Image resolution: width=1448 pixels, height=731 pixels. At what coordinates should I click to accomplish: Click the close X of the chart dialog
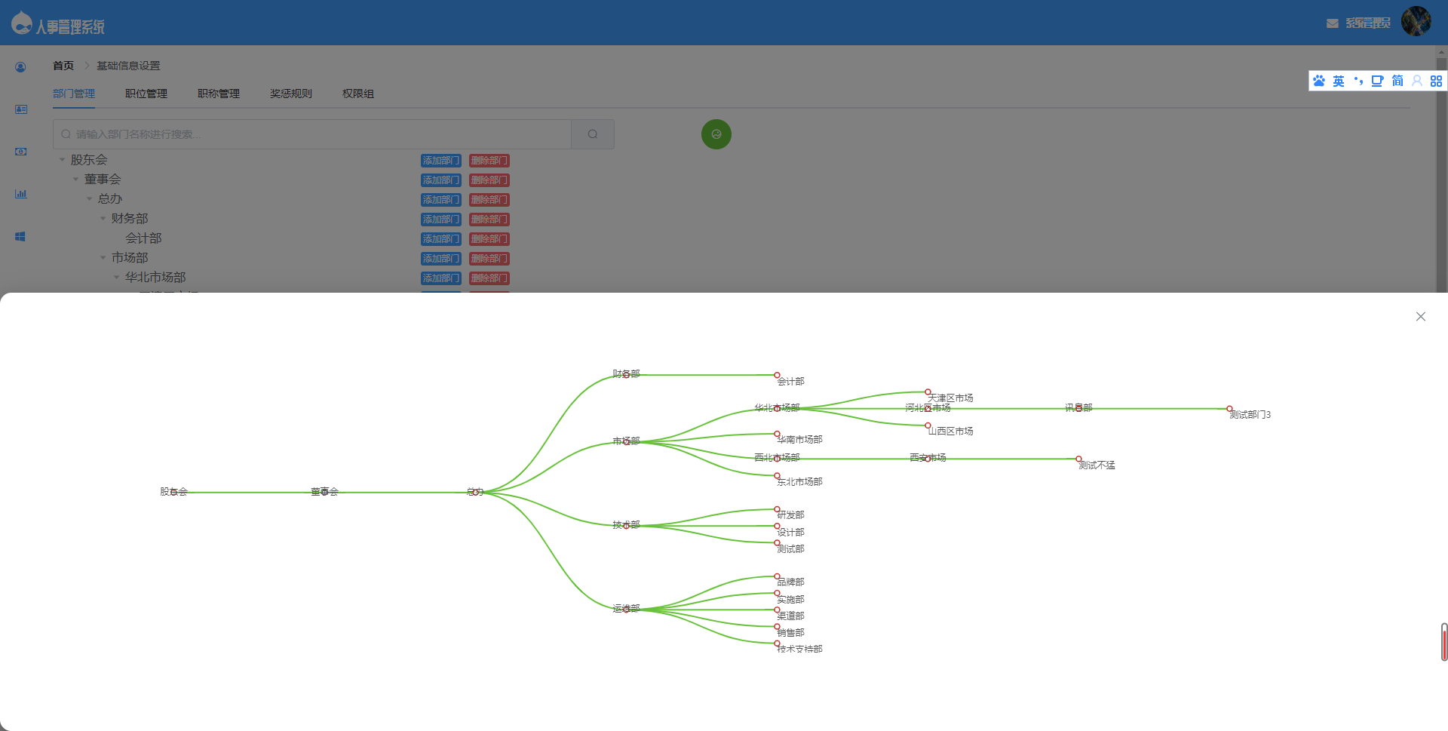pyautogui.click(x=1421, y=317)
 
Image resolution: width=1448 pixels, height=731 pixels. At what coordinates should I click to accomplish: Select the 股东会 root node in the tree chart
pyautogui.click(x=173, y=492)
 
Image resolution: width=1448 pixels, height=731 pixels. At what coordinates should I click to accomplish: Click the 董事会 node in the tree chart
pyautogui.click(x=324, y=492)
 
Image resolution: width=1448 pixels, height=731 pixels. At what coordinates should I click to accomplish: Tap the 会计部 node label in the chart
pyautogui.click(x=790, y=382)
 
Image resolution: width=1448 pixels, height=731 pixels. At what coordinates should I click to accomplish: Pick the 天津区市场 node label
pyautogui.click(x=950, y=398)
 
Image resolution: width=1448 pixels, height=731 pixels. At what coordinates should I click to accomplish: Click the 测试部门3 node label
pyautogui.click(x=1250, y=415)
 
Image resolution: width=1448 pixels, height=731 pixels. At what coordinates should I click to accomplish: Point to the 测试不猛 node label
pyautogui.click(x=1097, y=465)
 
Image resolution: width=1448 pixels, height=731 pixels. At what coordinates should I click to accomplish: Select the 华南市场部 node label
pyautogui.click(x=799, y=440)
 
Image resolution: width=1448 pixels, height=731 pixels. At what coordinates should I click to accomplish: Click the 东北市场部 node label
pyautogui.click(x=799, y=482)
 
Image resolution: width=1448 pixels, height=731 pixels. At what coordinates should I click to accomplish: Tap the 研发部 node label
pyautogui.click(x=790, y=515)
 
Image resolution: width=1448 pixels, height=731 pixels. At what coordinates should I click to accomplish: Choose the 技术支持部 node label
pyautogui.click(x=799, y=650)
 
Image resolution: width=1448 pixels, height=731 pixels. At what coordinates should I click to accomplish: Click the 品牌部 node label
pyautogui.click(x=790, y=582)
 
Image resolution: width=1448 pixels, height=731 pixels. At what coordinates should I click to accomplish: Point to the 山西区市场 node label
pyautogui.click(x=950, y=432)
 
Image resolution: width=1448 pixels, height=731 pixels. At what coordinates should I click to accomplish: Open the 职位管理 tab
pyautogui.click(x=146, y=94)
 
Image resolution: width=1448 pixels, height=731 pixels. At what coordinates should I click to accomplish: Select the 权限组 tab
pyautogui.click(x=358, y=94)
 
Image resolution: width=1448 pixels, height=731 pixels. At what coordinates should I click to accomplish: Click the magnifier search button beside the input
pyautogui.click(x=593, y=134)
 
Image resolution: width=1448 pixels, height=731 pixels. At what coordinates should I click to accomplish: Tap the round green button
pyautogui.click(x=716, y=134)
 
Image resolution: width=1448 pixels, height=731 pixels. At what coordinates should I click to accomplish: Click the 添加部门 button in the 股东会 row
pyautogui.click(x=440, y=161)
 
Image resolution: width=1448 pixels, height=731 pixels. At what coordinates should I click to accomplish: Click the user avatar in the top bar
pyautogui.click(x=1416, y=22)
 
